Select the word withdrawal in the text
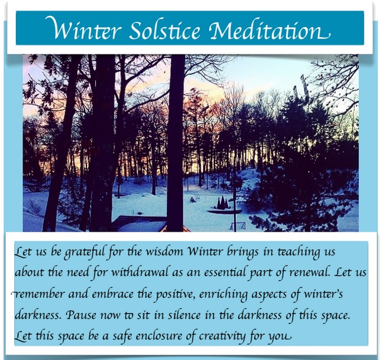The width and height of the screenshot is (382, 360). coord(140,272)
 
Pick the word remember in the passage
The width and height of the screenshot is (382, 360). coord(38,294)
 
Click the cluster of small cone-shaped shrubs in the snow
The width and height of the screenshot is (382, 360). coord(223,203)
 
